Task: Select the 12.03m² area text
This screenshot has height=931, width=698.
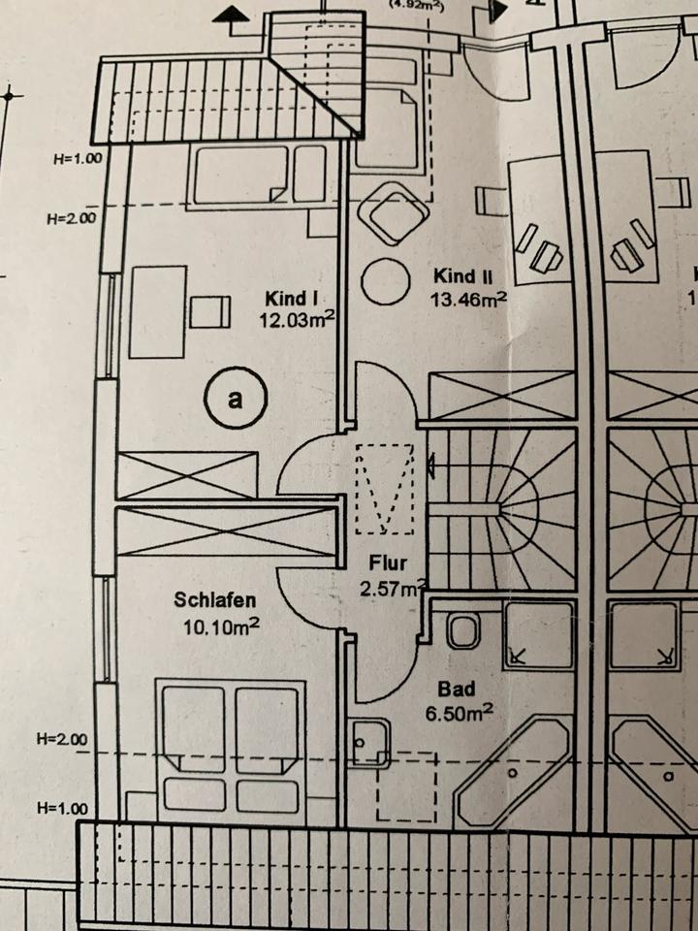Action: pyautogui.click(x=297, y=320)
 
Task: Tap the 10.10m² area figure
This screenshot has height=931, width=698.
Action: pyautogui.click(x=220, y=626)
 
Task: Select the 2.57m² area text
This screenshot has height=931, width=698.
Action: pyautogui.click(x=393, y=587)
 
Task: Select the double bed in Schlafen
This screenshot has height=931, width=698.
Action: pyautogui.click(x=230, y=747)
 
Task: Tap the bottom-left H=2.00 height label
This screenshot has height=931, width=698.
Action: pyautogui.click(x=65, y=740)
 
